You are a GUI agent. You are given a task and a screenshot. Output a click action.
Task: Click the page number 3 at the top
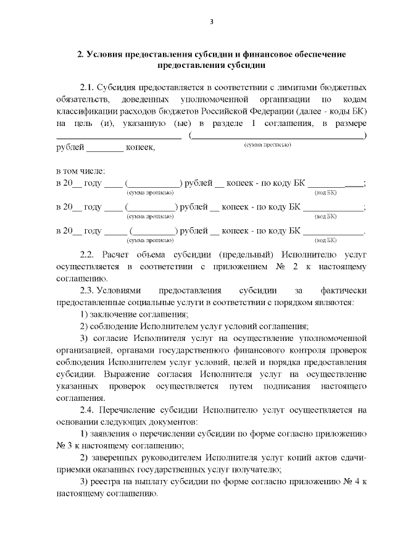pos(211,23)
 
